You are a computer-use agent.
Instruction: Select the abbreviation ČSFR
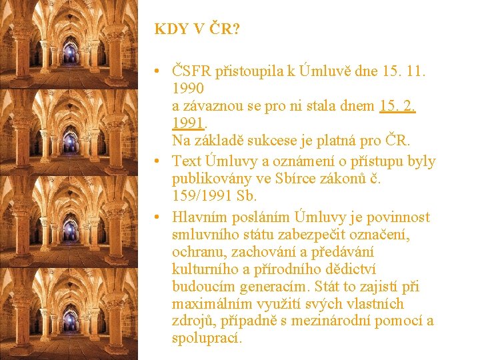[x=192, y=70]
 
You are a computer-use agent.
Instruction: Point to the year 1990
[x=188, y=87]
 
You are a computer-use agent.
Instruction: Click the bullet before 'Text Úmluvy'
[x=155, y=161]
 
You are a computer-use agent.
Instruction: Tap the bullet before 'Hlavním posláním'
[x=155, y=217]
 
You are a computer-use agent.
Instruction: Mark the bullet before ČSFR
[x=155, y=70]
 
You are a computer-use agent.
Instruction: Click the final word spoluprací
[x=207, y=339]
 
